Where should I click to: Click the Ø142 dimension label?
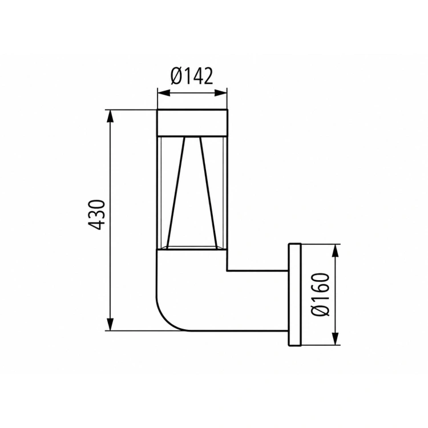pos(192,76)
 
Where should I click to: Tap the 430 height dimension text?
pos(96,215)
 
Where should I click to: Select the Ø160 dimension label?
pos(321,294)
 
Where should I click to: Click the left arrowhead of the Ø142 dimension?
pos(164,93)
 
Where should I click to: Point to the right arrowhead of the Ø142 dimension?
pos(220,93)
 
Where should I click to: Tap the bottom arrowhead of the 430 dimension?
pos(110,324)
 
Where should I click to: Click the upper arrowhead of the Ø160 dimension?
pos(336,251)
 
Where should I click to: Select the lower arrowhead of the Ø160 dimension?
pos(336,338)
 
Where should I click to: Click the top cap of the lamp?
pos(192,123)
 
